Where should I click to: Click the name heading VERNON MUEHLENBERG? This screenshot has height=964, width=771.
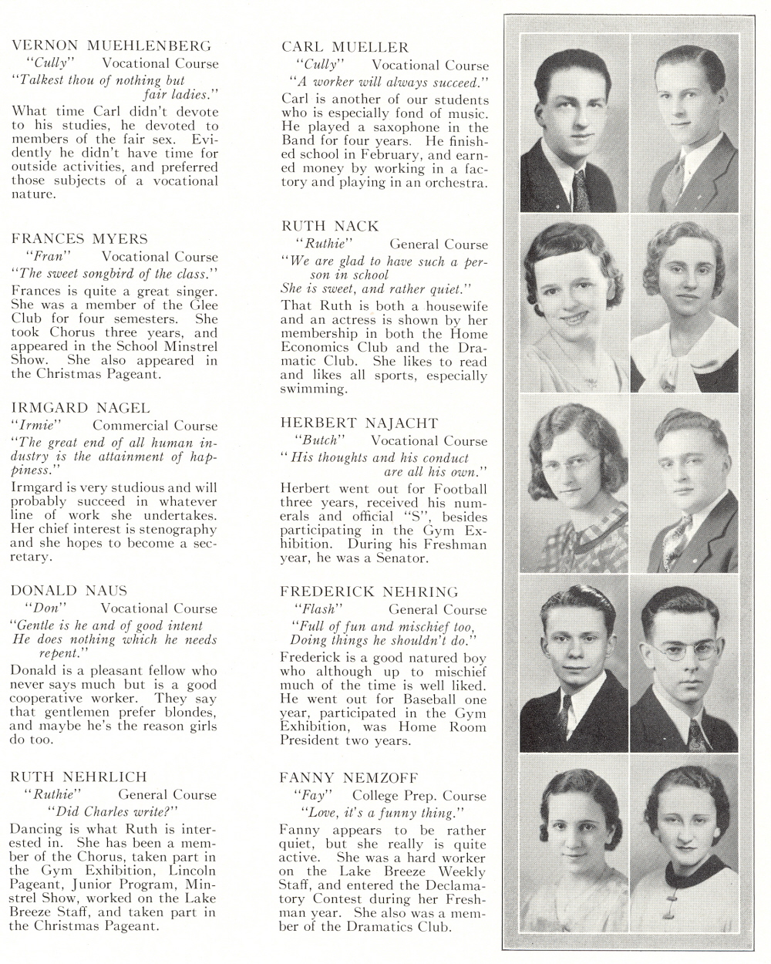point(111,46)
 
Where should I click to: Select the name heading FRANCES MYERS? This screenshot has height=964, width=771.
point(79,239)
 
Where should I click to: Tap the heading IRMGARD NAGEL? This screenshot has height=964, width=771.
point(81,408)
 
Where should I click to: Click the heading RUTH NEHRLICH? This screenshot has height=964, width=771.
point(79,777)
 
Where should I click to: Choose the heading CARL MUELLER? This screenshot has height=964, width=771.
point(345,48)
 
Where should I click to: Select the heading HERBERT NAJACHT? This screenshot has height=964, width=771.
point(359,423)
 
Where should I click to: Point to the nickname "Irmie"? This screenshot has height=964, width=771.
point(36,425)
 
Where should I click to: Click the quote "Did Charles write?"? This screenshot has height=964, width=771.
point(113,811)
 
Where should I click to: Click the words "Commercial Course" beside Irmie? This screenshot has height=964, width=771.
point(155,425)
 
